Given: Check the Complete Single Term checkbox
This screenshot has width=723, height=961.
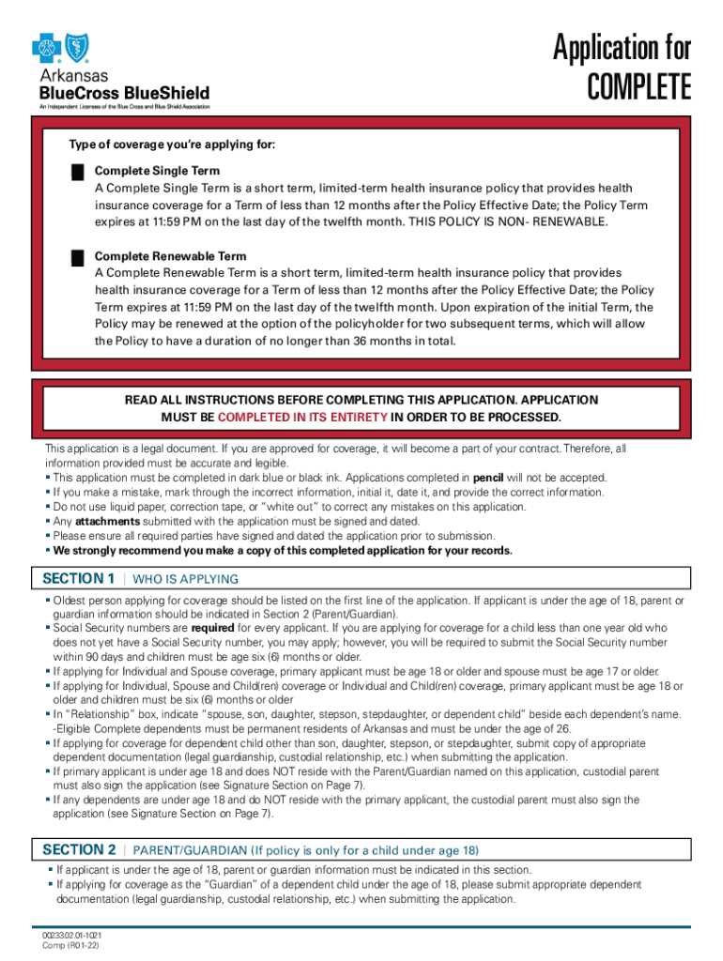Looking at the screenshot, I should click(x=77, y=172).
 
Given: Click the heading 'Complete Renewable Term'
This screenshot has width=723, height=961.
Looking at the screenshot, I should click(x=171, y=256).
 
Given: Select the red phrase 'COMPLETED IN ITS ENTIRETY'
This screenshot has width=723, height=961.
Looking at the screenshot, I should click(x=302, y=417).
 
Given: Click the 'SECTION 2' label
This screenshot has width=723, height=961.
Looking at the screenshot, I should click(x=79, y=850).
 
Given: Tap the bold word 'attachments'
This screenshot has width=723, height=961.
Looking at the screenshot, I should click(x=107, y=521).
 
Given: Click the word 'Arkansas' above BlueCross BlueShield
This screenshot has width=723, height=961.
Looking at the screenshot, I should click(x=73, y=75).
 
